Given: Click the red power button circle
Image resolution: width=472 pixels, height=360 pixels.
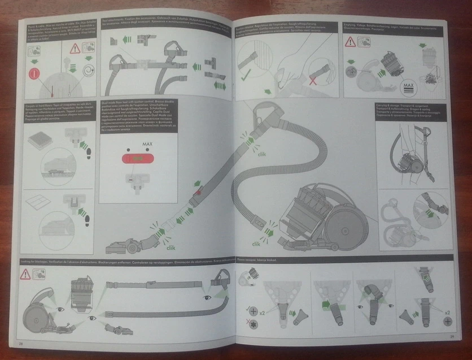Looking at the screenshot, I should (34, 73).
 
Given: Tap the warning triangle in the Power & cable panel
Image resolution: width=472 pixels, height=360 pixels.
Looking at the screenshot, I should (75, 49).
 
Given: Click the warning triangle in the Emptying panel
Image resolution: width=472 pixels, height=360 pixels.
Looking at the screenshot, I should (351, 42).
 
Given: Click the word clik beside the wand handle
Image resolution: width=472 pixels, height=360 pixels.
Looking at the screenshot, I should (261, 154).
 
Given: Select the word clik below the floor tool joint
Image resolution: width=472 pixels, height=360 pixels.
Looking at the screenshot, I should (171, 247).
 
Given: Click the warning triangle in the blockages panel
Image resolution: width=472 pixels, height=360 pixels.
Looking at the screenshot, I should (25, 275).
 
